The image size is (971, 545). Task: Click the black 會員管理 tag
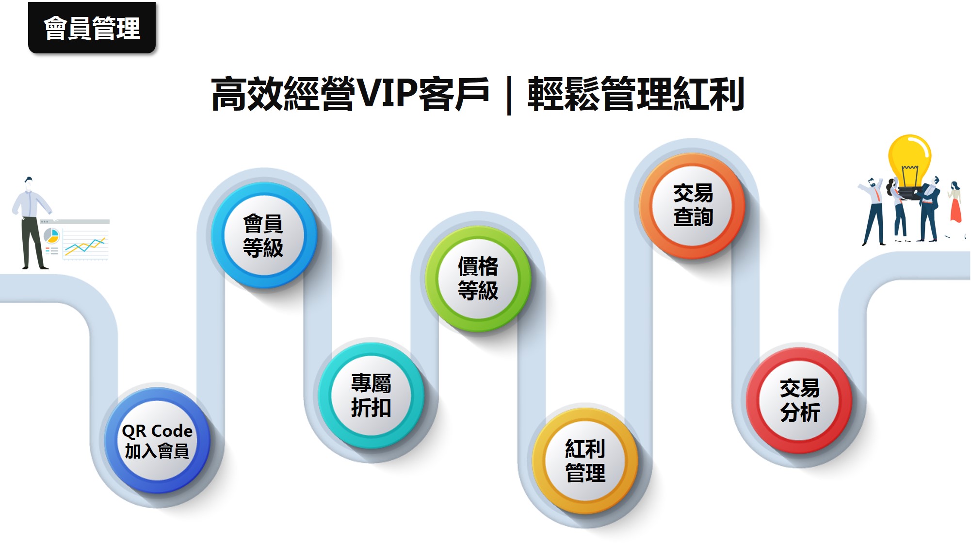point(92,28)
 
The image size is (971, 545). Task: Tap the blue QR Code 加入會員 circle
point(157,440)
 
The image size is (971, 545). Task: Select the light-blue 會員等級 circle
point(264,235)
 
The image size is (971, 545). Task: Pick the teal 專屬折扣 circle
point(371,396)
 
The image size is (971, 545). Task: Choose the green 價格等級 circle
point(478,279)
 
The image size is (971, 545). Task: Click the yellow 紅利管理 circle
point(585,461)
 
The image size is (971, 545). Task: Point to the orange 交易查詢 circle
point(693,206)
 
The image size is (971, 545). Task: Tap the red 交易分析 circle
point(799,400)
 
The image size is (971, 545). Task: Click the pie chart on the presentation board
point(51,236)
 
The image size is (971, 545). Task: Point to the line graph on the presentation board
point(85,246)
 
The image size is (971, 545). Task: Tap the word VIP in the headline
point(387,94)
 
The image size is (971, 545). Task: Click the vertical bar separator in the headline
point(509,95)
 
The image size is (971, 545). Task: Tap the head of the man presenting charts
point(29,184)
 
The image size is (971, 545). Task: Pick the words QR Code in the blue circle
point(157,431)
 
